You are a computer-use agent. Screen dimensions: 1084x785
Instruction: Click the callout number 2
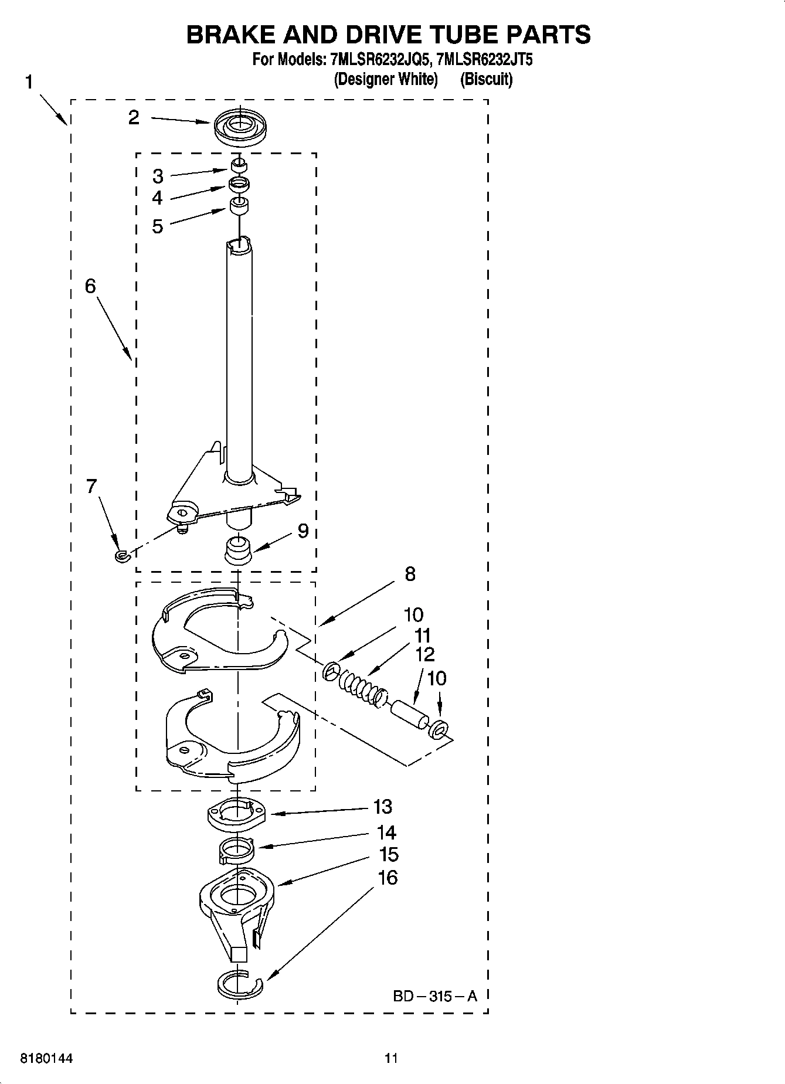coord(134,118)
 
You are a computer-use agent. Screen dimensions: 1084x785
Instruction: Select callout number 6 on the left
coord(90,286)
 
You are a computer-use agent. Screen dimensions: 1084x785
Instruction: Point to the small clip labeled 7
coord(121,555)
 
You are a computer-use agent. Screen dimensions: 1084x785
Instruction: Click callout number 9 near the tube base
coord(303,531)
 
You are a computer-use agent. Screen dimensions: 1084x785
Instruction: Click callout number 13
coord(382,807)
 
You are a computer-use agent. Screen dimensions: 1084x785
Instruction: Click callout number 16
coord(388,877)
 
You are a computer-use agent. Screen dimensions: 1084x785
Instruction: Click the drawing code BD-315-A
coord(434,995)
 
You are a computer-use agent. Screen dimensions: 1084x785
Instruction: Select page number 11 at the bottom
coord(391,1058)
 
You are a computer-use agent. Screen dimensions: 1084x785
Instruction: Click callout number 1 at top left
coord(29,83)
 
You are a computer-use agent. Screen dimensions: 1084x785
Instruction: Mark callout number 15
coord(388,854)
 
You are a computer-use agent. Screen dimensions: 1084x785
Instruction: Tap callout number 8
coord(410,573)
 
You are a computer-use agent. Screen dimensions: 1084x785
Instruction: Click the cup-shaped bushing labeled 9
coord(238,550)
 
